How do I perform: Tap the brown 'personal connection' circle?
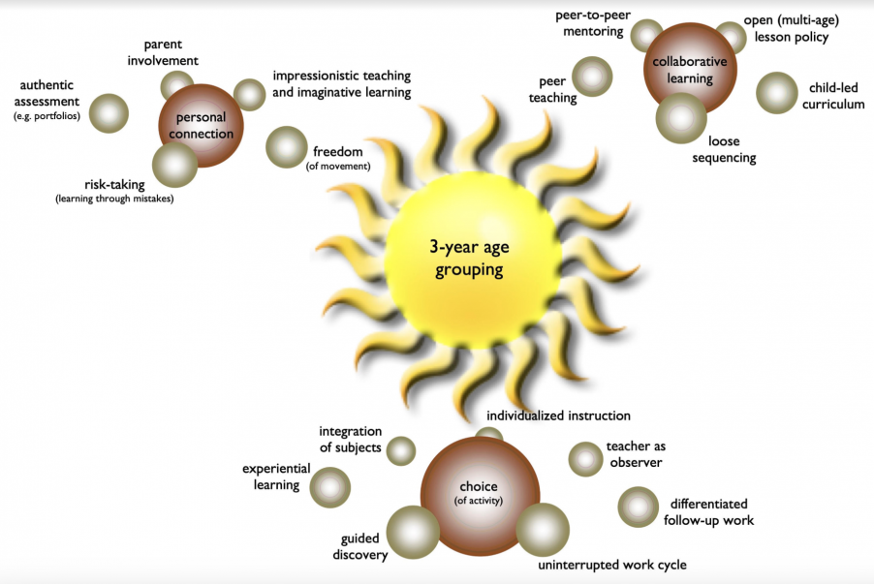pyautogui.click(x=201, y=125)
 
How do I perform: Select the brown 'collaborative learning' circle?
pyautogui.click(x=690, y=67)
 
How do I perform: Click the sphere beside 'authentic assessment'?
pyautogui.click(x=109, y=112)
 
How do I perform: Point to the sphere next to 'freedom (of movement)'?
pyautogui.click(x=286, y=147)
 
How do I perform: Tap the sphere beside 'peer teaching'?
pyautogui.click(x=591, y=76)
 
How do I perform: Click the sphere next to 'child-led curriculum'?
pyautogui.click(x=775, y=93)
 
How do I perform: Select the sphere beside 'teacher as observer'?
pyautogui.click(x=585, y=459)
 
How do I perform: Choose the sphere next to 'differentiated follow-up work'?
pyautogui.click(x=638, y=507)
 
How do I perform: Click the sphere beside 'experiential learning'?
pyautogui.click(x=329, y=487)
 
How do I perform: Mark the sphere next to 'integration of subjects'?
pyautogui.click(x=400, y=450)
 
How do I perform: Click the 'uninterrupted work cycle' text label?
pyautogui.click(x=612, y=565)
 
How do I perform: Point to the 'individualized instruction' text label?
pyautogui.click(x=558, y=415)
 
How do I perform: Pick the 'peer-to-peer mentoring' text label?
pyautogui.click(x=588, y=24)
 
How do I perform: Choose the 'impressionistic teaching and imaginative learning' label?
pyautogui.click(x=341, y=84)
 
